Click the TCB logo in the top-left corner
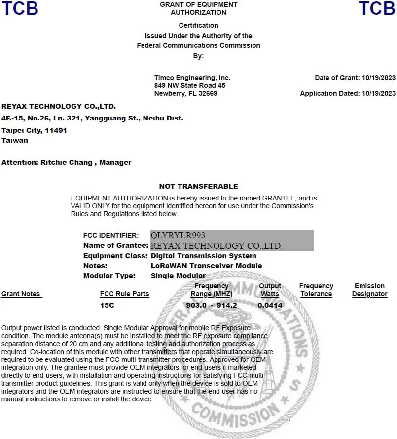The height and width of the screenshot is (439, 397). point(20,8)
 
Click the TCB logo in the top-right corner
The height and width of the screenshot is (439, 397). point(377,8)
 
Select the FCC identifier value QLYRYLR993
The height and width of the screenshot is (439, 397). point(178,235)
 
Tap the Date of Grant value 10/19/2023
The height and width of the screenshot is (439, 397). point(379,78)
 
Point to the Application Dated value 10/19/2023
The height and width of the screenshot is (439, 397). point(379,93)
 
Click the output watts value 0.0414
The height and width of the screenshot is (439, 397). point(270,306)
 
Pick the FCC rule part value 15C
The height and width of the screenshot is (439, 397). point(107,306)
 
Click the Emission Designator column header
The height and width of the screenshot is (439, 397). point(369,290)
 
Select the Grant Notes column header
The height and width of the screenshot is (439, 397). point(21,294)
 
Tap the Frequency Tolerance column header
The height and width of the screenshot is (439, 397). point(316,290)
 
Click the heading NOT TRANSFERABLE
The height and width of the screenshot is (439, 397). point(198,186)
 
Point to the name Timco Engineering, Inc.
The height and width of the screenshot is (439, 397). point(192,78)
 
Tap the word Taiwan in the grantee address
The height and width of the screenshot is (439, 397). point(15,140)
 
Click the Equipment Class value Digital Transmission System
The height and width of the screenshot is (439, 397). point(203,256)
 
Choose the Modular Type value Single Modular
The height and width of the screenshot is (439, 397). point(178,276)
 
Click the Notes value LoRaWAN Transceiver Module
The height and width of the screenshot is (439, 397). point(206,266)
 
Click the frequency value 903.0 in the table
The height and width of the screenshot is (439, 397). point(196,306)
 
